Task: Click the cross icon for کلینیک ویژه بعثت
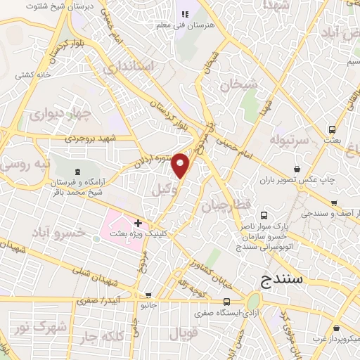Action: click(138, 223)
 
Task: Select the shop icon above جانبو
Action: click(148, 296)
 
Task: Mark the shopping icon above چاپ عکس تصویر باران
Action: click(297, 169)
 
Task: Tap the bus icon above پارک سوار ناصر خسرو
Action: click(264, 216)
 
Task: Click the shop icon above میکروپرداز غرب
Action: click(338, 328)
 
